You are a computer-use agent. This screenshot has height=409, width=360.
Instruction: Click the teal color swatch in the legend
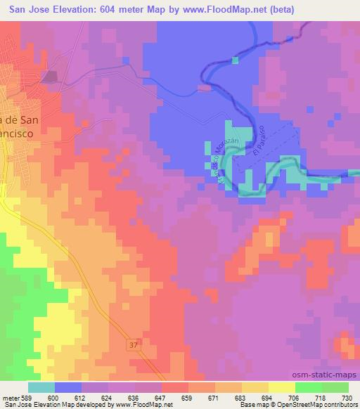(41, 387)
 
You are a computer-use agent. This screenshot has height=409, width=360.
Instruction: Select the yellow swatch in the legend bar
(281, 387)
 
